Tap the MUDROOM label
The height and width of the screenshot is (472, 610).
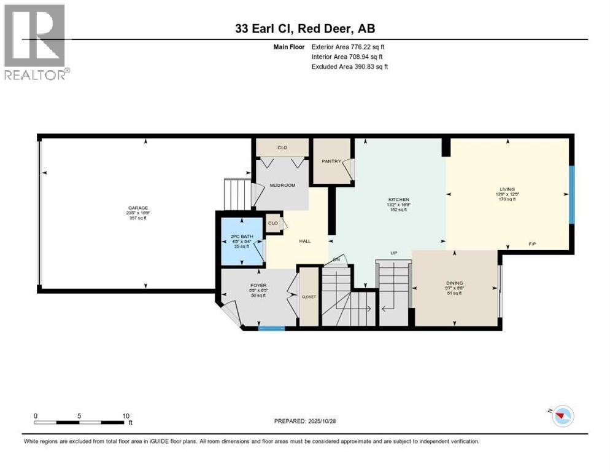click(283, 185)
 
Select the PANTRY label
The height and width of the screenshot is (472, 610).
click(331, 162)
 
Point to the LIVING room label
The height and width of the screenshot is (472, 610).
click(507, 189)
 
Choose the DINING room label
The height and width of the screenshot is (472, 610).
click(454, 284)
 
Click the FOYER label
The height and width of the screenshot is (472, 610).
click(257, 285)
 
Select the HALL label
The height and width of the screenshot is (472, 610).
click(305, 242)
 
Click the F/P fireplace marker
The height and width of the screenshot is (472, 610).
click(533, 244)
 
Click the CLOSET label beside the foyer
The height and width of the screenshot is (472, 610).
click(309, 296)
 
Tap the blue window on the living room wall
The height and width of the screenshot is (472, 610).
click(572, 195)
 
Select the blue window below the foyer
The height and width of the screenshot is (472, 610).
click(271, 328)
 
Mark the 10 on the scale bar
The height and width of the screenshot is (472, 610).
click(125, 415)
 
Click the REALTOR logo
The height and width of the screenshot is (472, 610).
click(36, 42)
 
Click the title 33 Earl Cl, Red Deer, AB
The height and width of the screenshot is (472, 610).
click(305, 28)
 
